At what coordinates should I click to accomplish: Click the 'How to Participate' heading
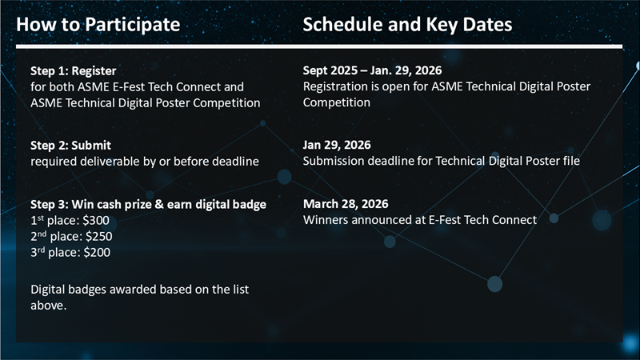click(x=98, y=25)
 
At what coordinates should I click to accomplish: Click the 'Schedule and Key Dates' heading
click(x=407, y=25)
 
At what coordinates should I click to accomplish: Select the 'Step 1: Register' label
click(x=74, y=71)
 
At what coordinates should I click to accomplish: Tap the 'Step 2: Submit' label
click(x=70, y=146)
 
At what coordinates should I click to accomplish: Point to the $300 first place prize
click(x=96, y=221)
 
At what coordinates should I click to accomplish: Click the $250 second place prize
click(x=98, y=236)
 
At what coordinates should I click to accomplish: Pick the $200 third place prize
click(x=97, y=252)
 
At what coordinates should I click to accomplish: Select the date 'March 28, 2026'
click(x=346, y=204)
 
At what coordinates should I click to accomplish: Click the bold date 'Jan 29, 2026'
click(x=337, y=145)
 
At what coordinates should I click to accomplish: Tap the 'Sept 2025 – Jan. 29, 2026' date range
click(x=372, y=70)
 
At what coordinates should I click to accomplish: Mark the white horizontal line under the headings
click(x=319, y=46)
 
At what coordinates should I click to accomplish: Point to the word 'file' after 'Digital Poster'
click(x=571, y=161)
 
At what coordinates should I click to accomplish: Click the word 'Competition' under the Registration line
click(x=336, y=103)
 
